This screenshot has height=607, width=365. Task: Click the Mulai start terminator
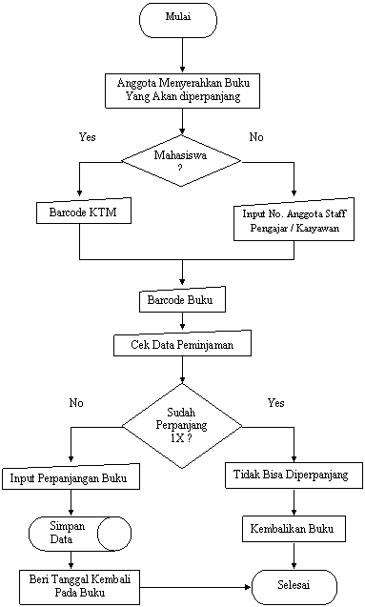pos(178,18)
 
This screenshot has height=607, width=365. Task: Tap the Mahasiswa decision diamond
pos(179,159)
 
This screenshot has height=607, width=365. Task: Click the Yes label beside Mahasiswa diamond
pos(88,138)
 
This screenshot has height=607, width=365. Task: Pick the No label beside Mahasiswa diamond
pos(256,138)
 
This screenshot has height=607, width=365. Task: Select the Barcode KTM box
pos(82,212)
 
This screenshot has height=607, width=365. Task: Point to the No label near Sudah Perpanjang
pos(76,404)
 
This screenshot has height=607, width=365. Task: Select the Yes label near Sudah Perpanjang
pos(276,404)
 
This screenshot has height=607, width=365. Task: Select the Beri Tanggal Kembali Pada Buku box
pos(79,586)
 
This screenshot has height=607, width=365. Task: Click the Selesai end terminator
pos(294,585)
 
